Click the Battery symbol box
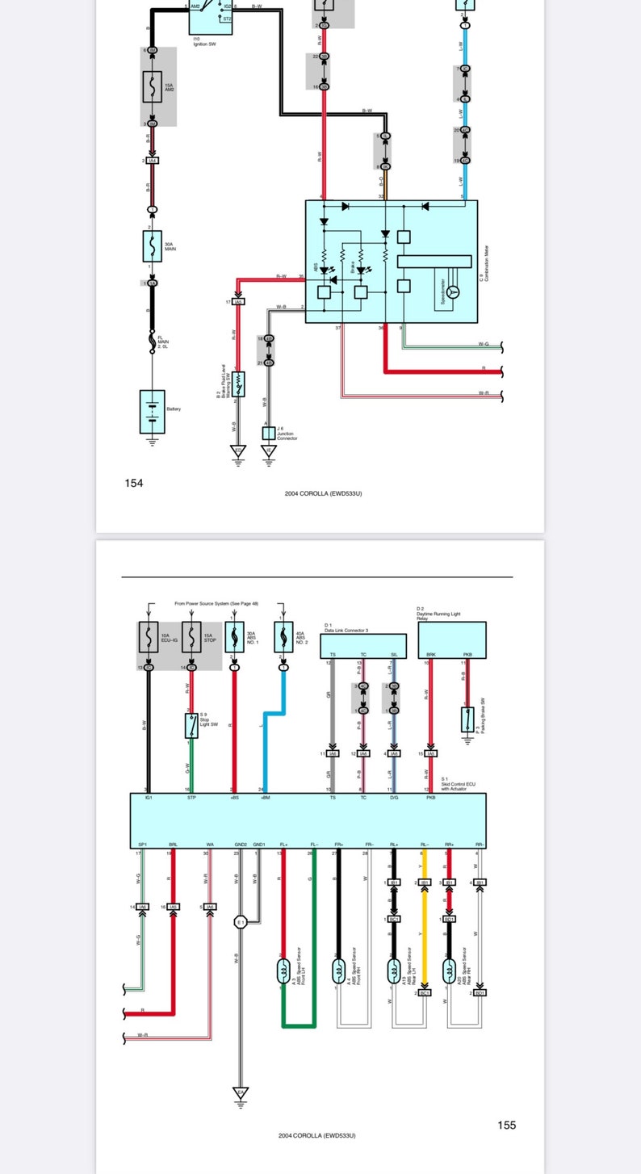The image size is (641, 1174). (x=152, y=411)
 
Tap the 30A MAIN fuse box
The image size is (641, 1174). (x=152, y=245)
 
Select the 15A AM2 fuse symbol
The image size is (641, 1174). (x=152, y=87)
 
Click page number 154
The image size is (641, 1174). (x=133, y=483)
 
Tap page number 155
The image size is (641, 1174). (x=506, y=1125)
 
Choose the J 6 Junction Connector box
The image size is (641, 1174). (x=269, y=434)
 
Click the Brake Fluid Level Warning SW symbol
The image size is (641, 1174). (x=238, y=388)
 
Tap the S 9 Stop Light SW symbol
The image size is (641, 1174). (x=191, y=725)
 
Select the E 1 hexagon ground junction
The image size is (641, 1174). (x=240, y=921)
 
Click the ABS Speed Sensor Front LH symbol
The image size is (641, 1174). (x=283, y=971)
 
